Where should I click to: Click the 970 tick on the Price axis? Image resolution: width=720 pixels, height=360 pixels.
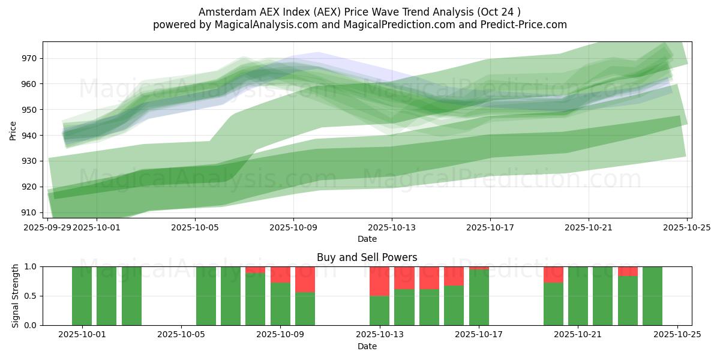[x=29, y=59]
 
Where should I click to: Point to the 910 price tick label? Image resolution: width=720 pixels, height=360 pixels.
[x=29, y=212]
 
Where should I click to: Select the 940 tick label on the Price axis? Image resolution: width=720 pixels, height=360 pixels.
[x=29, y=136]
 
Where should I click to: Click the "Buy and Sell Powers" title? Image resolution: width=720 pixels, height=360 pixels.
[x=367, y=257]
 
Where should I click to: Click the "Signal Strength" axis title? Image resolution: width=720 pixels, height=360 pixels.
[x=16, y=296]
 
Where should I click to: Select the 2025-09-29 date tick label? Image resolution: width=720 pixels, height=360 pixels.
[x=48, y=227]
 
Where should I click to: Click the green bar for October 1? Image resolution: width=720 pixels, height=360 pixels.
[x=82, y=296]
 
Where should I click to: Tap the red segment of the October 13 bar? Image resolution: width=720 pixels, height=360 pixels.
[x=379, y=281]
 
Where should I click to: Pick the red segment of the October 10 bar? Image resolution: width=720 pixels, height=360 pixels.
[x=305, y=280]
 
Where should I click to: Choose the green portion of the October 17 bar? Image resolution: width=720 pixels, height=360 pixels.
[x=479, y=298]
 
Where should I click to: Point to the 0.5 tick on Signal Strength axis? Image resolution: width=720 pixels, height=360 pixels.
[x=30, y=296]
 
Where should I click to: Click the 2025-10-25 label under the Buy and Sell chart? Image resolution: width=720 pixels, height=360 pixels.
[x=677, y=335]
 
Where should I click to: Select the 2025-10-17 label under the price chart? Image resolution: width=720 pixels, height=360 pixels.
[x=490, y=227]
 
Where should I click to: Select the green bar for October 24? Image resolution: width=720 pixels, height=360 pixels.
[x=652, y=296]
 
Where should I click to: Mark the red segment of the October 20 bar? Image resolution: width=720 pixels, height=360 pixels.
[x=553, y=275]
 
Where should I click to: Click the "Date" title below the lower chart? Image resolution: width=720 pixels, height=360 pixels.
[x=367, y=346]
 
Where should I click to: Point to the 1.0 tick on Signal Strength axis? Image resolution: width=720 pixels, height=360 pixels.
[x=30, y=266]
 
